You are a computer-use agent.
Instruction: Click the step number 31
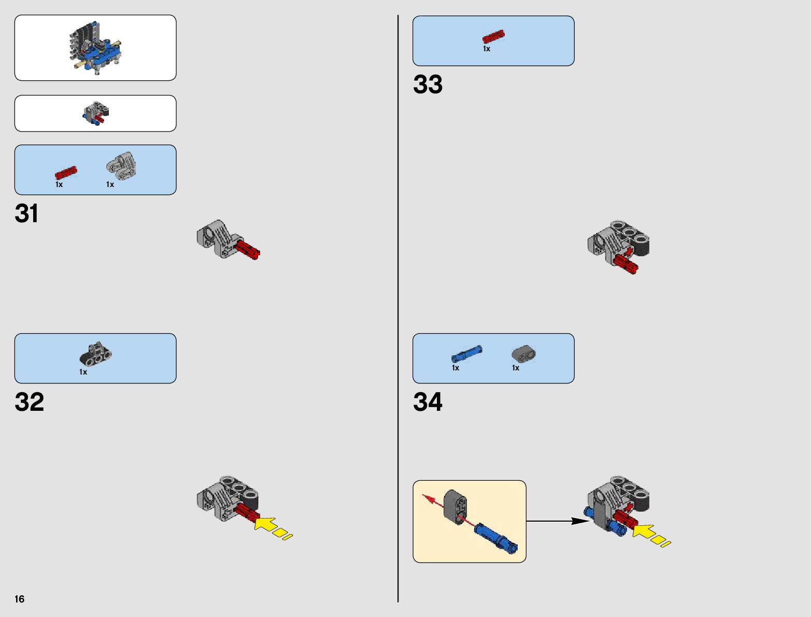point(26,213)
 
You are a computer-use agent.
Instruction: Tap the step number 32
point(30,402)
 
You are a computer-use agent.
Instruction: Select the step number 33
point(428,84)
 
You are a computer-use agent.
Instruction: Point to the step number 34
point(428,402)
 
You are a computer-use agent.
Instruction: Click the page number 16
point(20,599)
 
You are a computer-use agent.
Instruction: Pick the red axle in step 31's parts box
point(66,173)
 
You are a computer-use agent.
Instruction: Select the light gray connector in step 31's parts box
point(122,164)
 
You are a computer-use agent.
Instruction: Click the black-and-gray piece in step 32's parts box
point(95,353)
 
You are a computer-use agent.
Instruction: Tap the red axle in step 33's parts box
point(493,37)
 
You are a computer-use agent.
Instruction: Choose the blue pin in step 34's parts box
point(466,354)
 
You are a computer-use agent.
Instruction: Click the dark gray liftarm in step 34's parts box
point(523,353)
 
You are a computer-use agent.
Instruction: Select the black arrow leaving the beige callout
point(557,521)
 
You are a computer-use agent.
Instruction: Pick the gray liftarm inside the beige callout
point(456,506)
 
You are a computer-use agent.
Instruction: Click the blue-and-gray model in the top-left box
point(96,48)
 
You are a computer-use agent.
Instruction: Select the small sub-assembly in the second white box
point(96,113)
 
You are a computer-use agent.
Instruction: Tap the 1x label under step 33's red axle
point(486,49)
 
